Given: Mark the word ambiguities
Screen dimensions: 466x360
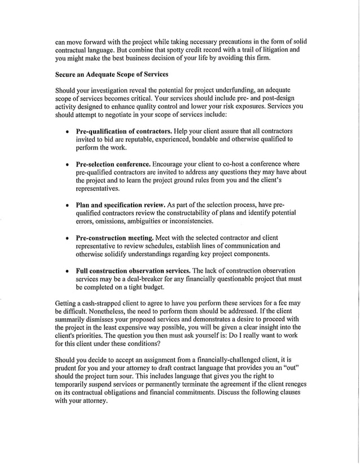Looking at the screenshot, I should point(160,222).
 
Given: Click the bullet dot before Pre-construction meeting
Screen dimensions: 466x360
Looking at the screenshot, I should point(68,239).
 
